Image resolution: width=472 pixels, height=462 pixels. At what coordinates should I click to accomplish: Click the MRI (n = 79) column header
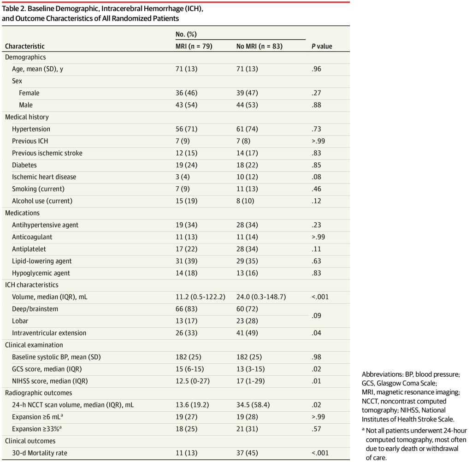pos(194,46)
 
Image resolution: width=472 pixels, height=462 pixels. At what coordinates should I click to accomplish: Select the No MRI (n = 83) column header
pos(259,46)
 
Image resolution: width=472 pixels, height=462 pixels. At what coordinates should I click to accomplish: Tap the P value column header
pos(322,46)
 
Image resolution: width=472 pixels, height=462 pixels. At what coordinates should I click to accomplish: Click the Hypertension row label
pos(31,129)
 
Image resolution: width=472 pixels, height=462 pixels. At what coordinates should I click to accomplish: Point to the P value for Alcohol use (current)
pos(317,201)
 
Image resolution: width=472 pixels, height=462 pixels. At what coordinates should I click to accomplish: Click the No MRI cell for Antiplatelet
pos(247,249)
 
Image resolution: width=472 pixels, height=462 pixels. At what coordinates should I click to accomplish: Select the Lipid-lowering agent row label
pos(42,261)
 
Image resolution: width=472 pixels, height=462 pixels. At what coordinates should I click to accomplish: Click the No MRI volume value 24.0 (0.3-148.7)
pos(261,297)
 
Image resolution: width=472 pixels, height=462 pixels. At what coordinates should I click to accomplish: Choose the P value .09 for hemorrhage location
pos(317,315)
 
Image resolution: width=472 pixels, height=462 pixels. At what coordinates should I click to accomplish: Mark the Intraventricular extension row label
pos(49,333)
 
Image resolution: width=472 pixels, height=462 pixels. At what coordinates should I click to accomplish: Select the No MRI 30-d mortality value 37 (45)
pos(247,453)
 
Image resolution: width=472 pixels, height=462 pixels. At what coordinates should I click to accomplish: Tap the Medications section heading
pos(22,213)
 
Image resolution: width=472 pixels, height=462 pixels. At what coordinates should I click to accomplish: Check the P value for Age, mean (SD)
pos(317,69)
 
